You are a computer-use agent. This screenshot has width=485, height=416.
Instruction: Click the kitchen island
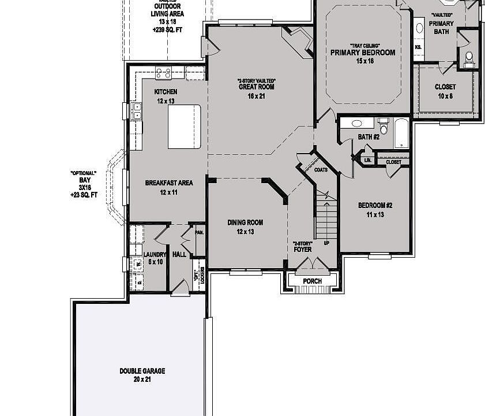(184, 127)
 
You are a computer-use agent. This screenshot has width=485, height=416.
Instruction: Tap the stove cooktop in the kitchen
(163, 73)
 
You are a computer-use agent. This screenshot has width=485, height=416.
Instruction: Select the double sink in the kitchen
(138, 110)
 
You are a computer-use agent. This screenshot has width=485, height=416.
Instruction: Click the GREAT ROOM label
(256, 87)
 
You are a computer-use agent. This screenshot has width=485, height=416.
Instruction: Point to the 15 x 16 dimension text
(362, 61)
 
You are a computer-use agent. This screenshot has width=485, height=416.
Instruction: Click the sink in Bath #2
(356, 123)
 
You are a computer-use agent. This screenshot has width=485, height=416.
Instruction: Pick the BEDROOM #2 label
(375, 206)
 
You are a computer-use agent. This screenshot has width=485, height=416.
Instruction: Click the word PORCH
(312, 281)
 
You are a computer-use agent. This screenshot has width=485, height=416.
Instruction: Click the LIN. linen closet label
(367, 159)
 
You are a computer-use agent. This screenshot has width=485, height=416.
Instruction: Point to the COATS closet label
(321, 170)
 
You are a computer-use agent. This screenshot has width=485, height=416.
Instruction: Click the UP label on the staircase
(326, 243)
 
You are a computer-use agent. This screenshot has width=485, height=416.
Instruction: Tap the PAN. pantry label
(199, 232)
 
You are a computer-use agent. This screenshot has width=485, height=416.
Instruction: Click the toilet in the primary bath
(469, 57)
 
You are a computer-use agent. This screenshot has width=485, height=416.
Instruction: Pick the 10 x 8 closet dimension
(445, 96)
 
